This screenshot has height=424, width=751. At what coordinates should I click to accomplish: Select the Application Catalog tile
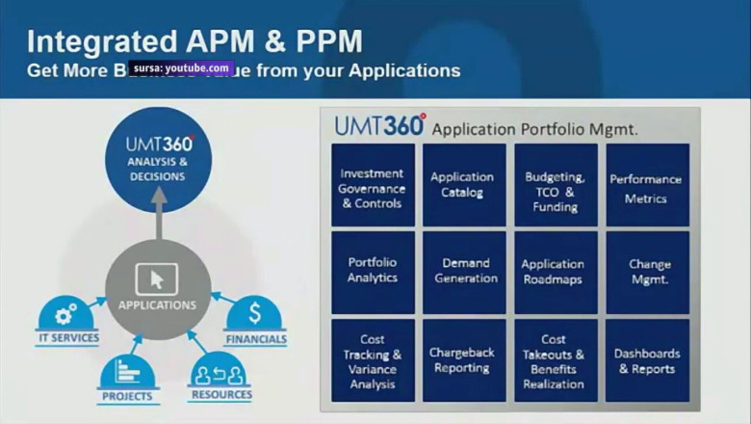coord(462,185)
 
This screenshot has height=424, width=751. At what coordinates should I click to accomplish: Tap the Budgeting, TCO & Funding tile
coord(555,185)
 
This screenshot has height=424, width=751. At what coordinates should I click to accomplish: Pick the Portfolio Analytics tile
coord(372,271)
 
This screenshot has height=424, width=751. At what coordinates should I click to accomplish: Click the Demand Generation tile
coord(462,271)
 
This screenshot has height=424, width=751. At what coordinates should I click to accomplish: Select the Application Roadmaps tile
coord(555,271)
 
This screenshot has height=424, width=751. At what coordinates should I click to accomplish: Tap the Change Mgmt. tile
coord(646,271)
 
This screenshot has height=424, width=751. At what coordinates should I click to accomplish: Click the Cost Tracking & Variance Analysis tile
coord(372,359)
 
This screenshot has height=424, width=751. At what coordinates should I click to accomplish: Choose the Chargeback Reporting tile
coord(462,359)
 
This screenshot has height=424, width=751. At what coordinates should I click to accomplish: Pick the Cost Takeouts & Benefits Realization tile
coord(555,359)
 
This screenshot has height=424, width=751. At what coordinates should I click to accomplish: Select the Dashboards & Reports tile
coord(646,359)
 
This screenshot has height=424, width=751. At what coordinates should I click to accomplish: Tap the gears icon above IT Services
coord(66,314)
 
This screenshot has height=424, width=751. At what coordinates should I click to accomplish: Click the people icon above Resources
coord(220,371)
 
